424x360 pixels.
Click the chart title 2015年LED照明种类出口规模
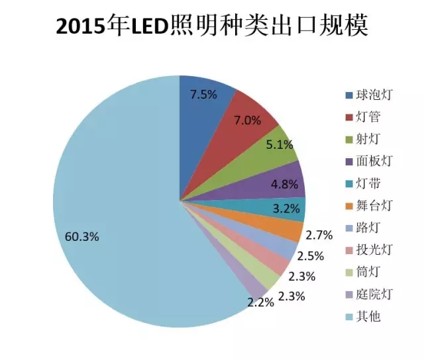[212, 27]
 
